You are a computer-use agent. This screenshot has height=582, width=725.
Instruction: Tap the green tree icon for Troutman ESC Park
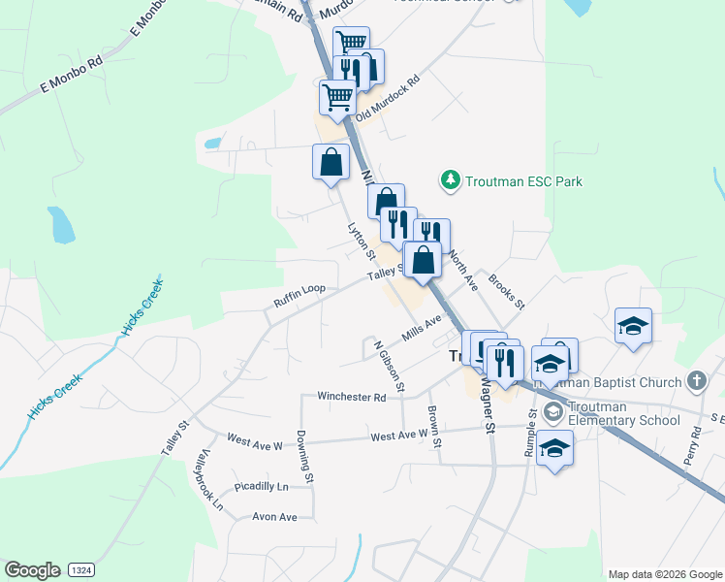coord(450,180)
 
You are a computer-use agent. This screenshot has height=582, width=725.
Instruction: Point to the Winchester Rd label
coord(352,397)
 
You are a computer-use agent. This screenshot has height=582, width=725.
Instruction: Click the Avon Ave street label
coord(274,517)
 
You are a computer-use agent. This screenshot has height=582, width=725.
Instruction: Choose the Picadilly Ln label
coord(263,486)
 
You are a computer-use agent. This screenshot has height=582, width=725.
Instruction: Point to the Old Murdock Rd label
coord(387,99)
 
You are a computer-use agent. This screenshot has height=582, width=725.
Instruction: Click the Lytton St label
coord(361,241)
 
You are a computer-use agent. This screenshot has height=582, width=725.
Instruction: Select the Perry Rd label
coord(692,446)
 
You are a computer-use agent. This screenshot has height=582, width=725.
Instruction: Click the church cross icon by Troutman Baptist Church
coord(695,380)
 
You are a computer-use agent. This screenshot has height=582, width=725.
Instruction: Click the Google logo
coord(33,570)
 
